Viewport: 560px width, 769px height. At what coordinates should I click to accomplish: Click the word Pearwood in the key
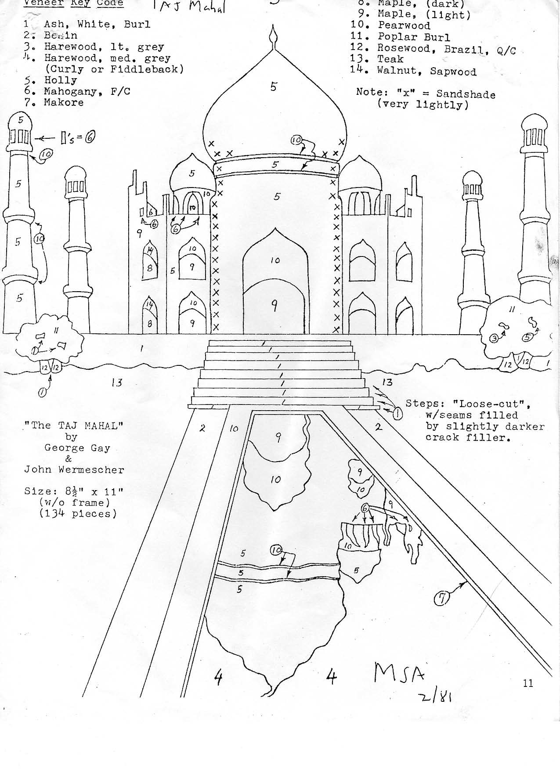tap(404, 25)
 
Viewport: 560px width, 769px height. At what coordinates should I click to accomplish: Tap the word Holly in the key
tap(60, 80)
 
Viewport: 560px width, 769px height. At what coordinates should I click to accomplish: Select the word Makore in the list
tap(63, 103)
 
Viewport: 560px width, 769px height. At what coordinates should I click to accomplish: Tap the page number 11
tap(528, 682)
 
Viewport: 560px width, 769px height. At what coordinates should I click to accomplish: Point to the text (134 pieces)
tap(78, 513)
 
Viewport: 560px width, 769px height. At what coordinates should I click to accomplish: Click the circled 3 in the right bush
tap(493, 339)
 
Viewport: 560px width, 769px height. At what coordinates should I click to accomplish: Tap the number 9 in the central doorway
tap(274, 306)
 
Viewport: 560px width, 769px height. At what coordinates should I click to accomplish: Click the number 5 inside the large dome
tap(273, 87)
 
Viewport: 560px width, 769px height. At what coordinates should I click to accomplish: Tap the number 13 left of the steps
tap(116, 383)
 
